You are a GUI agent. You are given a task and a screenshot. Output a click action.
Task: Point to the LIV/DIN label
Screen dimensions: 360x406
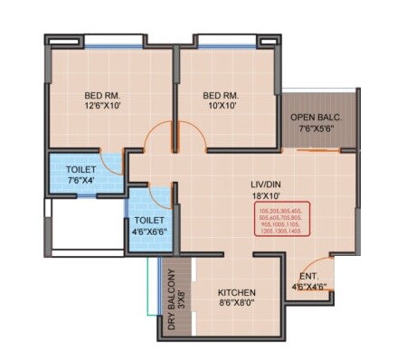coord(268,185)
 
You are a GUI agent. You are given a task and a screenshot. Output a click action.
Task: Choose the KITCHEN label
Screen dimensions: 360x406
coord(236,293)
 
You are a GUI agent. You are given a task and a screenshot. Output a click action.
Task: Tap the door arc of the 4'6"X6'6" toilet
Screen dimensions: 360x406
coord(163,197)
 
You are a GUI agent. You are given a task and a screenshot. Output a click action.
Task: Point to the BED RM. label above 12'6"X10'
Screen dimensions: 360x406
coord(104,95)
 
